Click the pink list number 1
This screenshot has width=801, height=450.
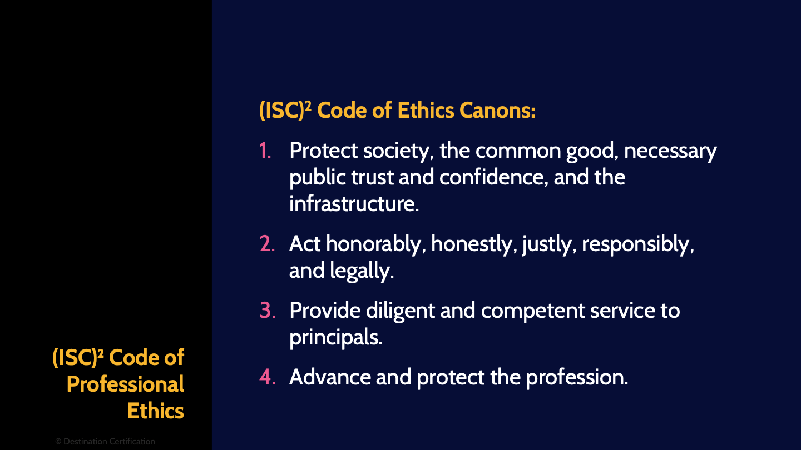click(265, 151)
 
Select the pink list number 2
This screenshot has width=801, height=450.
click(267, 244)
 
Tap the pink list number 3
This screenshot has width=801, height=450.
click(267, 311)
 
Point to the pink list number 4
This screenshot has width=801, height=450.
click(267, 377)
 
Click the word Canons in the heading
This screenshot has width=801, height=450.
click(497, 111)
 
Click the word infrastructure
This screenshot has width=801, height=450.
click(354, 204)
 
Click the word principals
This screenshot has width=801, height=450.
click(335, 338)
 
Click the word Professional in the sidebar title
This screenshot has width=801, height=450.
click(125, 384)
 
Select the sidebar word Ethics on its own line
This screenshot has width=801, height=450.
click(155, 411)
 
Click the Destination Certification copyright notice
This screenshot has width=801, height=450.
click(105, 442)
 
